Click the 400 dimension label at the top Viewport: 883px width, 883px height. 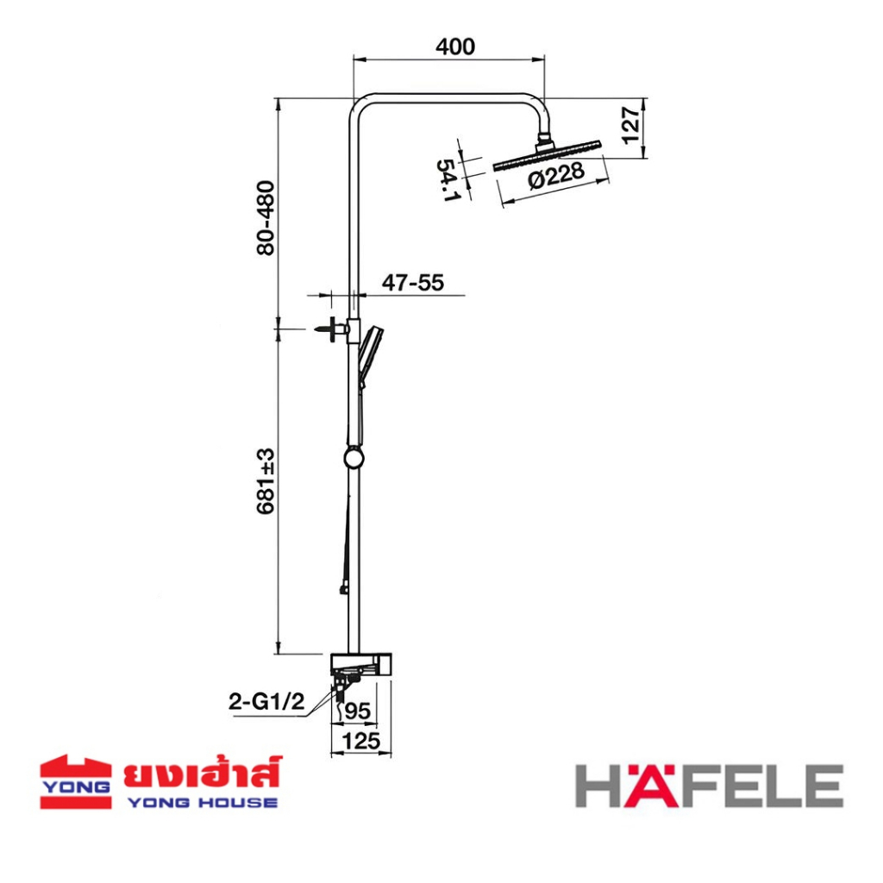tap(455, 47)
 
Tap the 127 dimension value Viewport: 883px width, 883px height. tap(631, 125)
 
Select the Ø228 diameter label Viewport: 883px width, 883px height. tap(556, 175)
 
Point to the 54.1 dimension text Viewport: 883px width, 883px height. tap(448, 180)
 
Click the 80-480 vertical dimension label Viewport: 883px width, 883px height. tap(266, 218)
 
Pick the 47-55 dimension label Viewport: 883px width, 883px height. tap(413, 282)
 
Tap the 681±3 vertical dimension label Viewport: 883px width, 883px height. tap(266, 481)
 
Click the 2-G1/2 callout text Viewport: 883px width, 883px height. tap(266, 701)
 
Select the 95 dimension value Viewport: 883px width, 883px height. tap(357, 711)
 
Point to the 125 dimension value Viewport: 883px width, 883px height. tap(361, 741)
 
